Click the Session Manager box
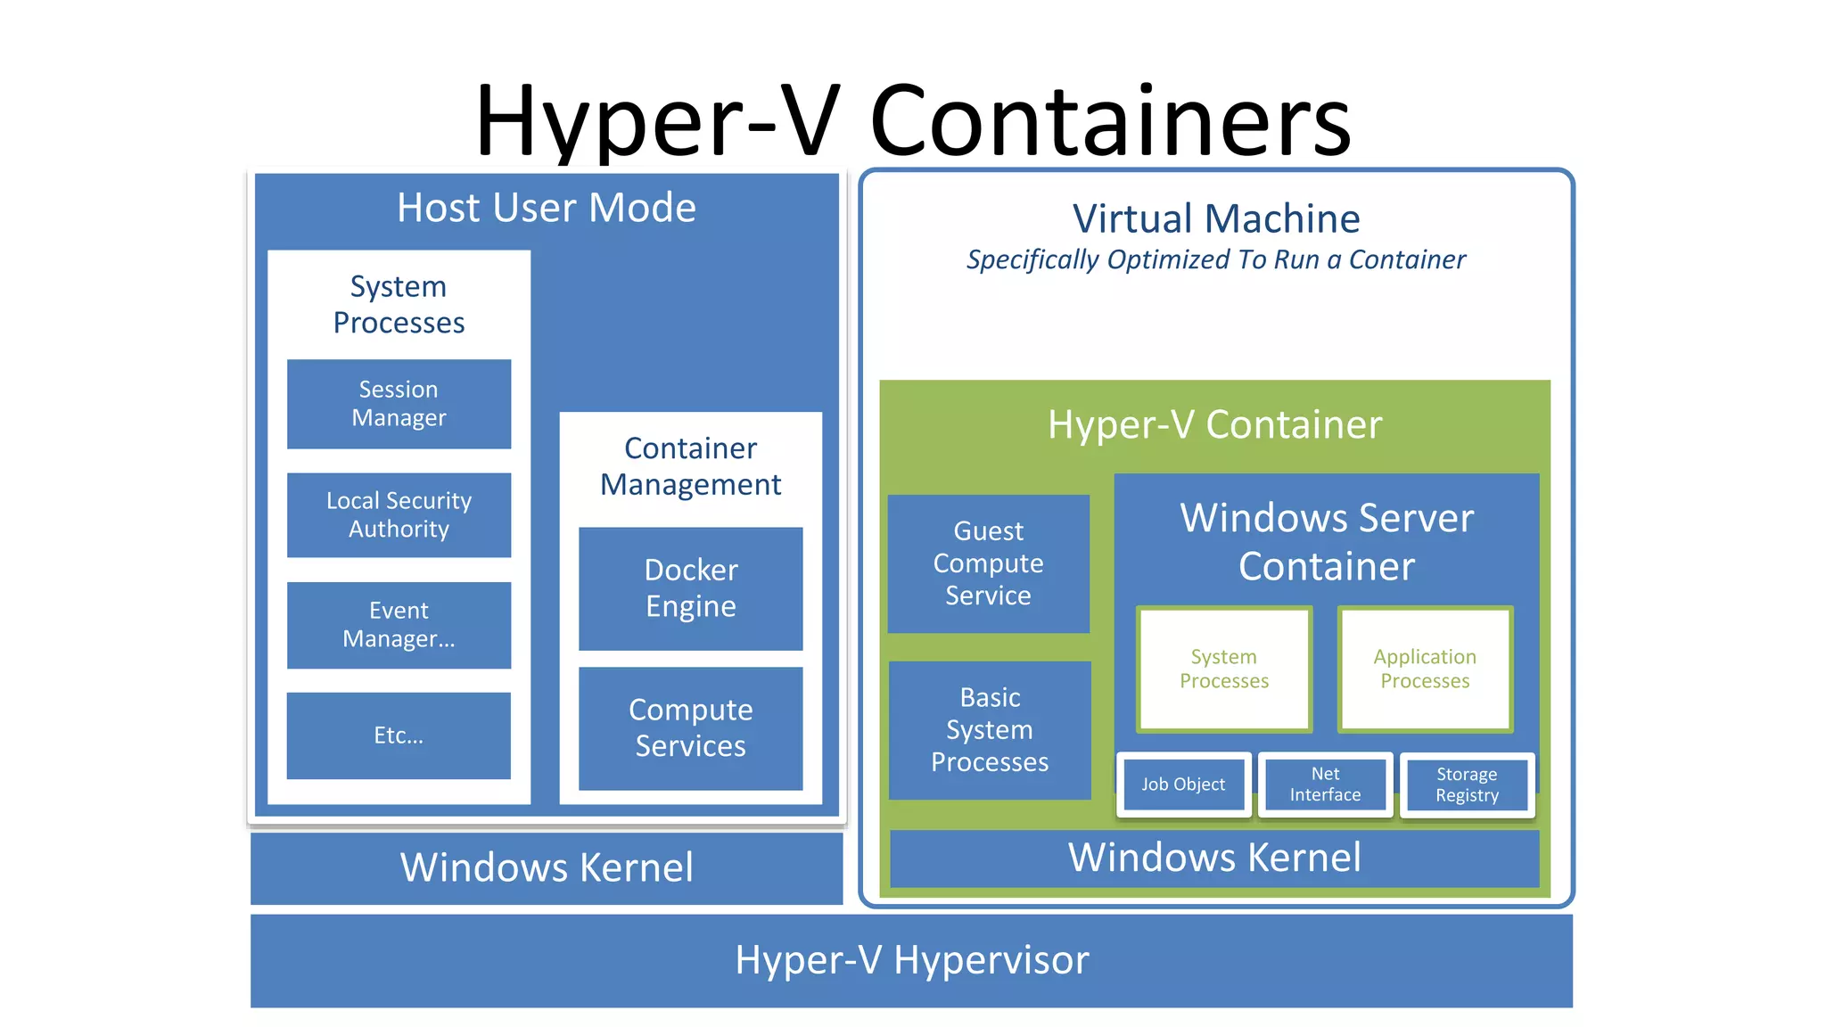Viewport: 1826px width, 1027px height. click(x=399, y=404)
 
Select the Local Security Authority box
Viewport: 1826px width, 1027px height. click(x=399, y=514)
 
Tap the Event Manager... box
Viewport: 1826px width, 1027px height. click(x=399, y=625)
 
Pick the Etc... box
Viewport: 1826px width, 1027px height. click(x=399, y=735)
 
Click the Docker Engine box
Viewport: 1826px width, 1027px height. click(x=690, y=588)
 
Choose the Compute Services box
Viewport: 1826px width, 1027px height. click(x=690, y=727)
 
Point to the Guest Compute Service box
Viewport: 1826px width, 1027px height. click(x=988, y=563)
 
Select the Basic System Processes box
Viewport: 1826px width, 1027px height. click(x=990, y=729)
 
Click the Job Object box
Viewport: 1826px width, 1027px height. click(x=1183, y=785)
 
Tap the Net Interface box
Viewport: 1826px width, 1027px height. click(x=1325, y=785)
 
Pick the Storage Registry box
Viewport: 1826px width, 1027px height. click(x=1467, y=785)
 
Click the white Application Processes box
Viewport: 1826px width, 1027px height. click(x=1425, y=669)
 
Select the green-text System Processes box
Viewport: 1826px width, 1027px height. click(x=1224, y=669)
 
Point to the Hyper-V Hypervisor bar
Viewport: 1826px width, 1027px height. click(x=911, y=960)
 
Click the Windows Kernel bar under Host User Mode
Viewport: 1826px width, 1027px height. click(x=547, y=867)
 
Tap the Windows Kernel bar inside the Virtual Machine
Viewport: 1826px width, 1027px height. click(x=1214, y=858)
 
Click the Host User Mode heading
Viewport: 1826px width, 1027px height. click(x=547, y=209)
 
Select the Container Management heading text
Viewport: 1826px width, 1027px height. click(x=690, y=466)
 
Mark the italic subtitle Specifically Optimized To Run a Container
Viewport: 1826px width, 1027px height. click(x=1215, y=260)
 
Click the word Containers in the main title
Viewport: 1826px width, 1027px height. click(x=1110, y=120)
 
